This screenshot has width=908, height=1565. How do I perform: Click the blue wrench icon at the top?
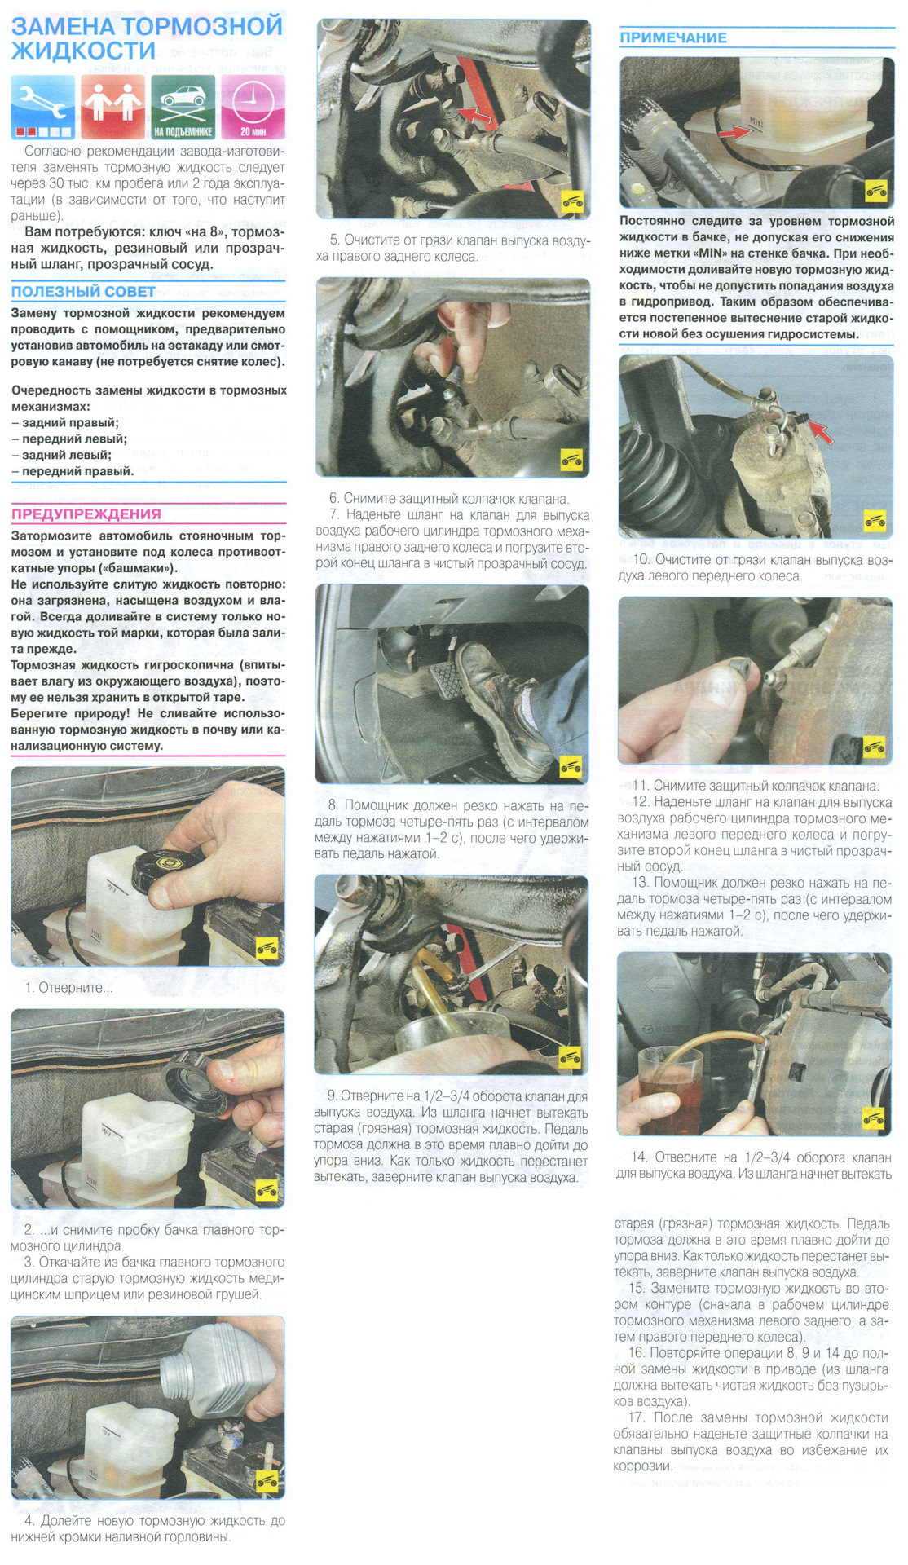click(43, 107)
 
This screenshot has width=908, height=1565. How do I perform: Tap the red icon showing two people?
click(112, 107)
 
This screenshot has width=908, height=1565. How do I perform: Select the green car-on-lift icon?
click(183, 107)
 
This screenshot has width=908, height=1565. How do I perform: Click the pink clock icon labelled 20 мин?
click(253, 107)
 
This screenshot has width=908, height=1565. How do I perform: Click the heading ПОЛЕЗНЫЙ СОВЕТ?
click(83, 292)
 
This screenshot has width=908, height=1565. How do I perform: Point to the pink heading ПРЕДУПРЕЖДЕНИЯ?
click(86, 514)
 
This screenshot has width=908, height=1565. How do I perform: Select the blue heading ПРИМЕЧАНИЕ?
click(673, 37)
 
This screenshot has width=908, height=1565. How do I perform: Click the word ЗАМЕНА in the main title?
click(64, 26)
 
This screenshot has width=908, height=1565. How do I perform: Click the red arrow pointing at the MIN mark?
click(734, 131)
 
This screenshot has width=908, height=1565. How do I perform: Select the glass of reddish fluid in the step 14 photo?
click(669, 1090)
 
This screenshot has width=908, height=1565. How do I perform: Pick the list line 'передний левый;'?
click(69, 439)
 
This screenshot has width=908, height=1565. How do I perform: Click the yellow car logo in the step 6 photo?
click(571, 460)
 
